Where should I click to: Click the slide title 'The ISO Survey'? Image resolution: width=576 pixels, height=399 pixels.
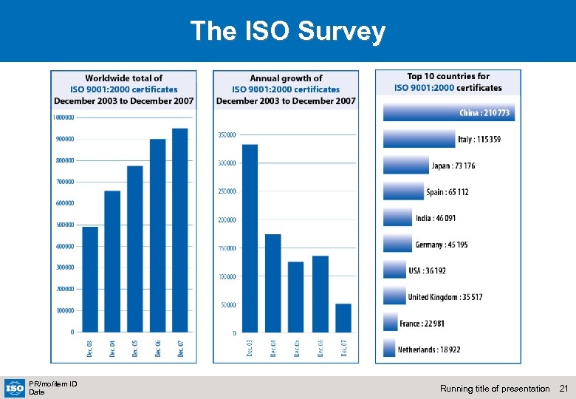pyautogui.click(x=287, y=31)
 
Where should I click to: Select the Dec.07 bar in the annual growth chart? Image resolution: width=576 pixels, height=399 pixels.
pyautogui.click(x=343, y=318)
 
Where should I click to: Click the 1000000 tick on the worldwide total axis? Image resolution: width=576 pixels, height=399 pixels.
pyautogui.click(x=64, y=117)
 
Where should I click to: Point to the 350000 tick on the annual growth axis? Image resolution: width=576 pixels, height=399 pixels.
pyautogui.click(x=226, y=134)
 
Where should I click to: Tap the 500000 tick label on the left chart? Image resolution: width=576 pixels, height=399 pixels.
pyautogui.click(x=64, y=225)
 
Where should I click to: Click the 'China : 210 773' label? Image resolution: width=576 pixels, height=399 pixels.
pyautogui.click(x=484, y=113)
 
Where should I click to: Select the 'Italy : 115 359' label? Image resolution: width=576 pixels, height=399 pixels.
pyautogui.click(x=479, y=139)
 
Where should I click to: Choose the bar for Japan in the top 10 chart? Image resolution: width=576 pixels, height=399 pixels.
pyautogui.click(x=405, y=166)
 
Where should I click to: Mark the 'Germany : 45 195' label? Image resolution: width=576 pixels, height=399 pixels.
pyautogui.click(x=442, y=245)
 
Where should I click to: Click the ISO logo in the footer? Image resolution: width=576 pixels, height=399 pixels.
pyautogui.click(x=15, y=387)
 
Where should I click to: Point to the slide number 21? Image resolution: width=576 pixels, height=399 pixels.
pyautogui.click(x=564, y=389)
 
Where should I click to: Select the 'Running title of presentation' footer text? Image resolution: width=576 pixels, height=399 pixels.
pyautogui.click(x=495, y=389)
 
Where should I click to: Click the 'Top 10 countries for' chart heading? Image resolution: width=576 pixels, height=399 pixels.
pyautogui.click(x=448, y=76)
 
